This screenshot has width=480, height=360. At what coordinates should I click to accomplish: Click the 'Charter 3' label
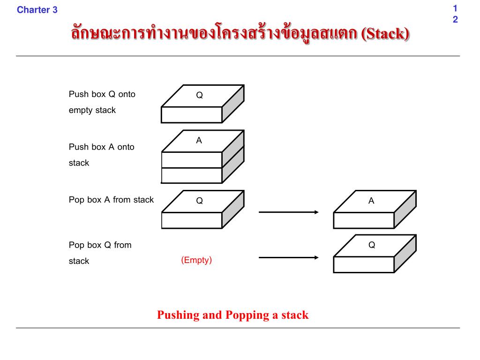[37, 10]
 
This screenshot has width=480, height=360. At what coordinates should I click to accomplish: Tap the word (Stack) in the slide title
[385, 34]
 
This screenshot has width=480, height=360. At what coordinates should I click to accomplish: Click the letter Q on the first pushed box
[199, 96]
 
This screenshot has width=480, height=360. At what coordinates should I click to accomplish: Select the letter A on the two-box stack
[199, 141]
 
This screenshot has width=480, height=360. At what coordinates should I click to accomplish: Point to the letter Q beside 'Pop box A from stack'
[199, 201]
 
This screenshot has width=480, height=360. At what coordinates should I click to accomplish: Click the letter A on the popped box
[371, 201]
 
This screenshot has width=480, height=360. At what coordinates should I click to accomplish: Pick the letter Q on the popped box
[372, 245]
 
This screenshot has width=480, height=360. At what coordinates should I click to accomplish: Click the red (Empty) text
[196, 260]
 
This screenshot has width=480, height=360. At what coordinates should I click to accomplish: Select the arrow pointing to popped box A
[288, 212]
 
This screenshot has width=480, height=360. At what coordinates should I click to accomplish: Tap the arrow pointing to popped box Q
[288, 257]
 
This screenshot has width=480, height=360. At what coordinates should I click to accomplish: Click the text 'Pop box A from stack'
[111, 200]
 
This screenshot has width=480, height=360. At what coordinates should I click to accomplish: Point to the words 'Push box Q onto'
[102, 94]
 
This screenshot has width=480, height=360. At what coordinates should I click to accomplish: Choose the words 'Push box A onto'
[102, 147]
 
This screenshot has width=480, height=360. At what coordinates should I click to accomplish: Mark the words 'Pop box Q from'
[100, 245]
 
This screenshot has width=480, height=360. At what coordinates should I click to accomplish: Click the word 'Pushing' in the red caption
[178, 315]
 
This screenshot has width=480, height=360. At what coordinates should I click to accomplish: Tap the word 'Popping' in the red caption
[247, 315]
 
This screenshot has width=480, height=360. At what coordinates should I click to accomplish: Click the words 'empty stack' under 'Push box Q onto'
[92, 111]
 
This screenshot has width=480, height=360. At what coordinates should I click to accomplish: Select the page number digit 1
[455, 8]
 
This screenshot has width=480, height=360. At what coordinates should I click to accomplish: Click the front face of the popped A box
[364, 220]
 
